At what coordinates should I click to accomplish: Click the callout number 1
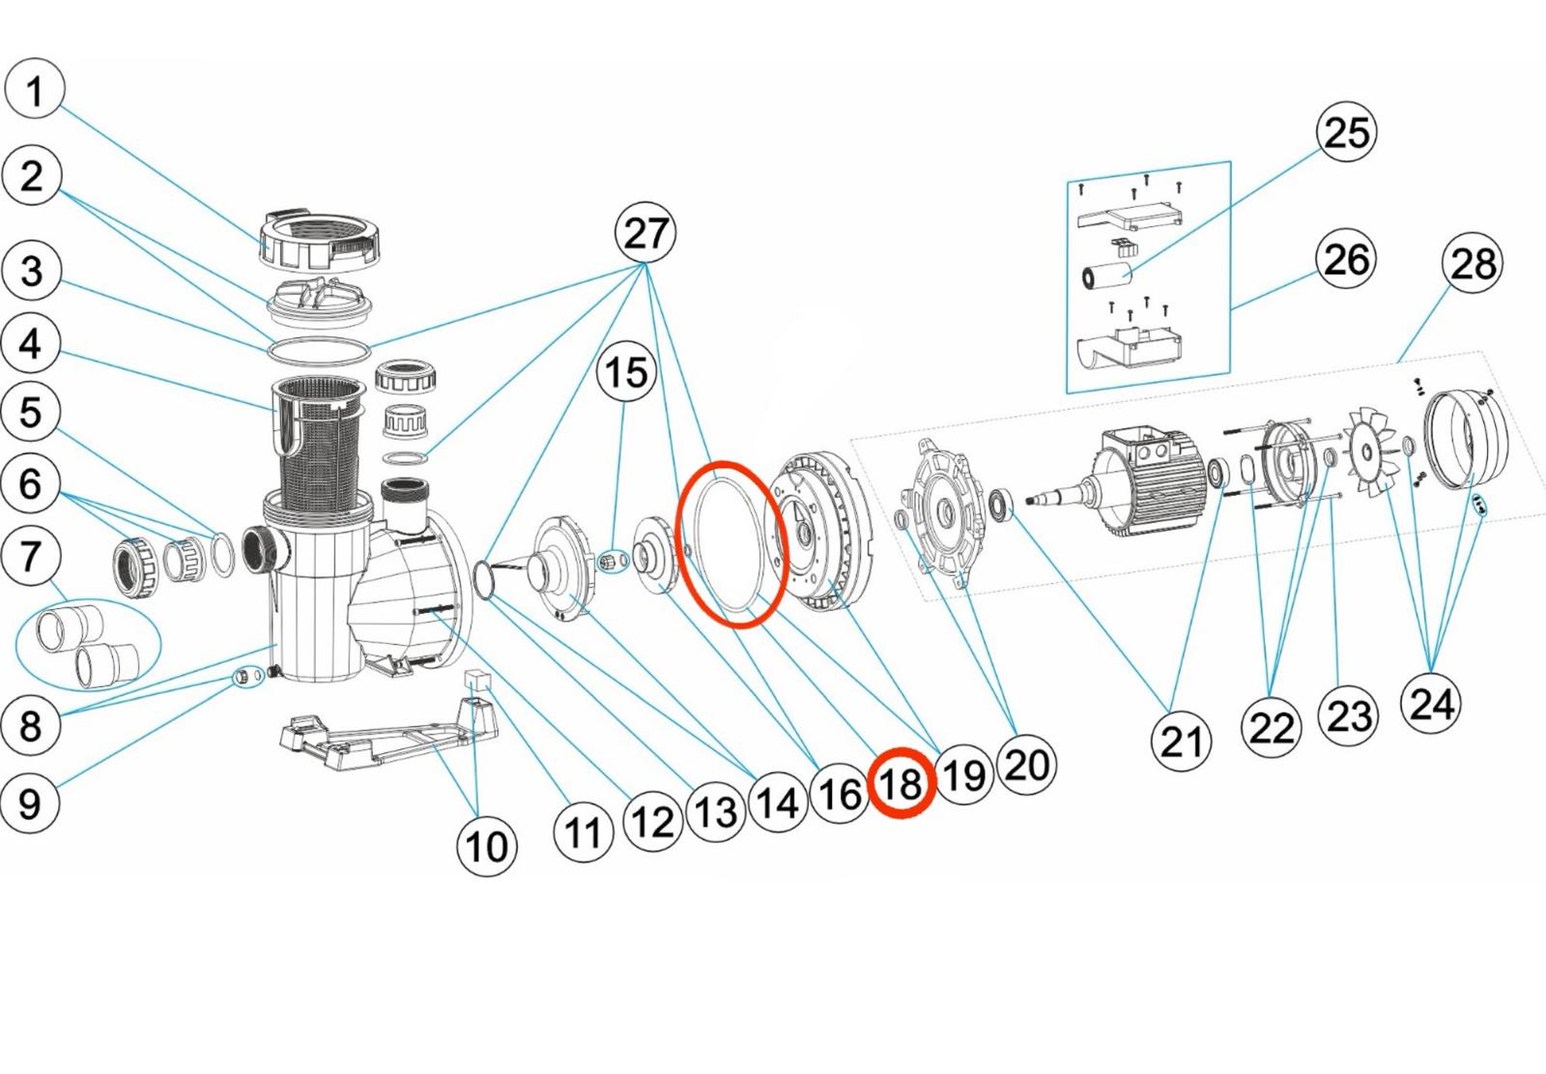tap(35, 90)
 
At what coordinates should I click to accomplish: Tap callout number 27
tap(645, 233)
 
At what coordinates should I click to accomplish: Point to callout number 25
tap(1346, 132)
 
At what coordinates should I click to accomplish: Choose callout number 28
tap(1472, 263)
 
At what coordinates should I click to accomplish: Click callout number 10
tap(486, 847)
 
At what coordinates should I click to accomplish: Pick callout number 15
tap(626, 372)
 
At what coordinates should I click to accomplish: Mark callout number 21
tap(1181, 741)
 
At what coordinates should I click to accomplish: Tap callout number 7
tap(31, 557)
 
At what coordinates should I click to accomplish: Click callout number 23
tap(1349, 716)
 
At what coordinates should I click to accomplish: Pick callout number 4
tap(31, 343)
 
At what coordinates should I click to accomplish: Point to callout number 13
tap(715, 812)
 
